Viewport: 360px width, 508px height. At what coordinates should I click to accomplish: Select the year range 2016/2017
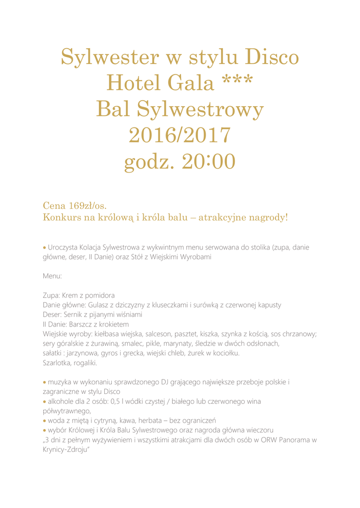(x=180, y=135)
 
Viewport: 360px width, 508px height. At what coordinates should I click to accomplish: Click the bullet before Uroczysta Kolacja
(x=45, y=247)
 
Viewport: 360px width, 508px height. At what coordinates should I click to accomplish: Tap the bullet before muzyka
(x=45, y=382)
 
